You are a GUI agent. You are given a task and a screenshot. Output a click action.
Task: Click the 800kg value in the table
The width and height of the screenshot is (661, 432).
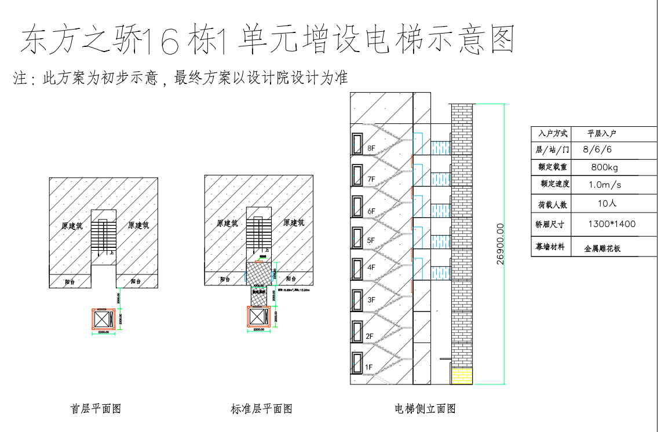tap(604, 167)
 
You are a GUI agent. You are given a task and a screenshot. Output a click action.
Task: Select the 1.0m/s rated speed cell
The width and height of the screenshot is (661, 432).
tap(605, 185)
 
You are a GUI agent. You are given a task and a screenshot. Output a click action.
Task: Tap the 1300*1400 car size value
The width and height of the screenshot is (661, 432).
tap(611, 224)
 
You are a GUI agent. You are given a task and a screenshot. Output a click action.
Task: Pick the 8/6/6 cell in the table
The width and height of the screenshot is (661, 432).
tap(597, 149)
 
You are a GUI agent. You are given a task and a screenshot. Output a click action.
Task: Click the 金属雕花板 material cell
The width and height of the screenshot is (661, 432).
tap(602, 248)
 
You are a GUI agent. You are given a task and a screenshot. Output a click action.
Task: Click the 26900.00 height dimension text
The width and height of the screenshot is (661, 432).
tap(501, 244)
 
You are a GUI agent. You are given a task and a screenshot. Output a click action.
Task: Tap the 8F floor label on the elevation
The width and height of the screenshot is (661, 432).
tap(371, 148)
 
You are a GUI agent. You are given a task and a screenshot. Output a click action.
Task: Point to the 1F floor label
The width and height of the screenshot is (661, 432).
tap(369, 367)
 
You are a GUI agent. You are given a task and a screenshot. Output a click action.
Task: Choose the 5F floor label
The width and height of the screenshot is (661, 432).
tap(371, 240)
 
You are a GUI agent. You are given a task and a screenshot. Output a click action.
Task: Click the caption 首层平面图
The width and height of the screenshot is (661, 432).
tap(96, 409)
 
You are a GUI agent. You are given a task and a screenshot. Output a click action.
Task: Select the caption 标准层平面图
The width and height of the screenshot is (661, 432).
tap(261, 409)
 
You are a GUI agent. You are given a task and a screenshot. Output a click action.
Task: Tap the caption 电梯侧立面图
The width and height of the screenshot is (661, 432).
tap(425, 409)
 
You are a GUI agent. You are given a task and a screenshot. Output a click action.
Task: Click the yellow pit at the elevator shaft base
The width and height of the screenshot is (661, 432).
tap(462, 376)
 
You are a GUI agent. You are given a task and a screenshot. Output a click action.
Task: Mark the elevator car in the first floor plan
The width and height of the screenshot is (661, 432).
tap(103, 320)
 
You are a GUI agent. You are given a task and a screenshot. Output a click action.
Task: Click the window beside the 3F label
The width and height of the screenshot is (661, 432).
tap(357, 299)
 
